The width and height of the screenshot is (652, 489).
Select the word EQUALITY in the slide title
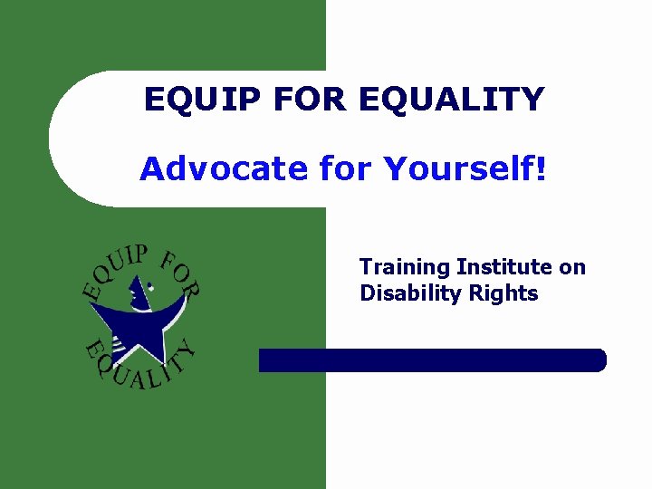pyautogui.click(x=452, y=99)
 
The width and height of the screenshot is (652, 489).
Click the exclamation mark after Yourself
pyautogui.click(x=542, y=168)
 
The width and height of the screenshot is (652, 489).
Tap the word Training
pyautogui.click(x=404, y=267)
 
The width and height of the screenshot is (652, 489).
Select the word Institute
pyautogui.click(x=504, y=267)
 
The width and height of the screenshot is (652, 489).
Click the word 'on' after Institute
pyautogui.click(x=573, y=267)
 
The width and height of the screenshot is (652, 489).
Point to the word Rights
pyautogui.click(x=510, y=293)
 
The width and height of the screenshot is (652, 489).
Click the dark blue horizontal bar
pyautogui.click(x=432, y=360)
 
